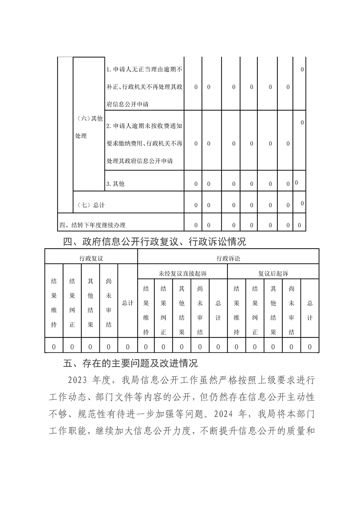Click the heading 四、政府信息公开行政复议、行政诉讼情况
click(x=154, y=242)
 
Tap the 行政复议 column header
click(x=91, y=258)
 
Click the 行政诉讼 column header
click(x=228, y=258)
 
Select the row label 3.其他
click(x=115, y=183)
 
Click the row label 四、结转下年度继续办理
click(x=93, y=225)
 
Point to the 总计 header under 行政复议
click(x=128, y=303)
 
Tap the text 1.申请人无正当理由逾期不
click(x=144, y=70)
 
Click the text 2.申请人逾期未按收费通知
click(x=144, y=125)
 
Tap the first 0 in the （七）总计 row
click(x=196, y=205)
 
